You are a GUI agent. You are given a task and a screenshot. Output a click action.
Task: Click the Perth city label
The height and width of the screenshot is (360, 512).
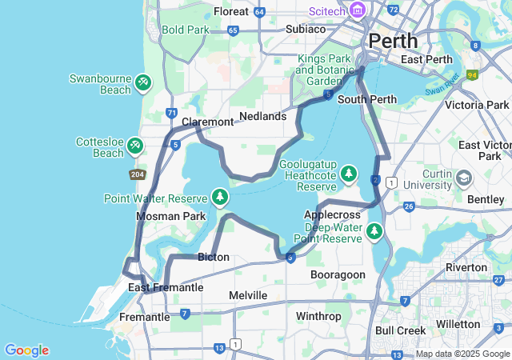pyautogui.click(x=393, y=40)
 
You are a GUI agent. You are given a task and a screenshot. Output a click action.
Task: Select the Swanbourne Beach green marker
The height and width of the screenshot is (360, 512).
pyautogui.click(x=142, y=82)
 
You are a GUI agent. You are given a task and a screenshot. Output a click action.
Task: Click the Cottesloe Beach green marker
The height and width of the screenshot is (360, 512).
pyautogui.click(x=136, y=145)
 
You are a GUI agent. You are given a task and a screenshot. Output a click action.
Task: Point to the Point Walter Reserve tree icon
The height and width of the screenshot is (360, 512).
pyautogui.click(x=220, y=196)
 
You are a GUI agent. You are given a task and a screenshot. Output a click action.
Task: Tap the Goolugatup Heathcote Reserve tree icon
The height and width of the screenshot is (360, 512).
pyautogui.click(x=348, y=173)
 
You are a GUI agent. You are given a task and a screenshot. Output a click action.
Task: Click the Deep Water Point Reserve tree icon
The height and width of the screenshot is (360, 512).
pyautogui.click(x=374, y=232)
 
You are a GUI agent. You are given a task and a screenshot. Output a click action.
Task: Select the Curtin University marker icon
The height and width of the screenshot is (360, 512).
pyautogui.click(x=463, y=177)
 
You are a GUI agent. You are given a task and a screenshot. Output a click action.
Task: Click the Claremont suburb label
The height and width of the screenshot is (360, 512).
pyautogui.click(x=207, y=122)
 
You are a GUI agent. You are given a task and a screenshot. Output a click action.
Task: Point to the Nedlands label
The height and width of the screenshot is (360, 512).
pyautogui.click(x=262, y=116)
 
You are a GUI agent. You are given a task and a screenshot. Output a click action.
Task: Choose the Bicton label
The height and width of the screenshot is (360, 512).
pyautogui.click(x=213, y=257)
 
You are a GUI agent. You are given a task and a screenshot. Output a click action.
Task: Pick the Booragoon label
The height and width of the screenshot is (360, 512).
pyautogui.click(x=338, y=274)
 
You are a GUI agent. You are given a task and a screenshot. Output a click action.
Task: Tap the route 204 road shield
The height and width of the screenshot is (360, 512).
pyautogui.click(x=137, y=174)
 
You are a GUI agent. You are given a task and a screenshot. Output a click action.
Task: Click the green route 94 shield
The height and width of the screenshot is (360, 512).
pyautogui.click(x=473, y=75)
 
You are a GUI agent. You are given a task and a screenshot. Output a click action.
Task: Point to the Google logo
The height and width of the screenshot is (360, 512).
pyautogui.click(x=26, y=350)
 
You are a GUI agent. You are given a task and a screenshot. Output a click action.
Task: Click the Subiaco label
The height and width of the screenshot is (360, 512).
pyautogui.click(x=306, y=29)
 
